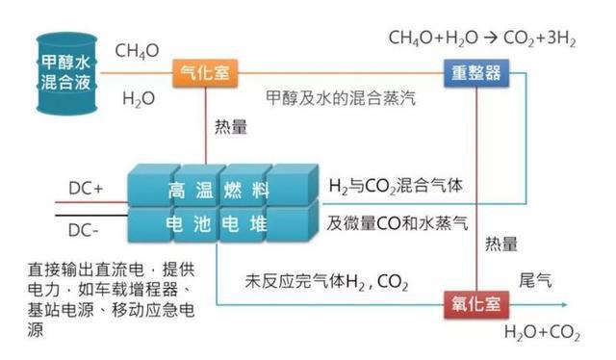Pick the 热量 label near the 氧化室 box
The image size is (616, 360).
501,244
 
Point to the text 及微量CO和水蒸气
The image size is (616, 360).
397,225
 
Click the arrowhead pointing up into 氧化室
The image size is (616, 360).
478,286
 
